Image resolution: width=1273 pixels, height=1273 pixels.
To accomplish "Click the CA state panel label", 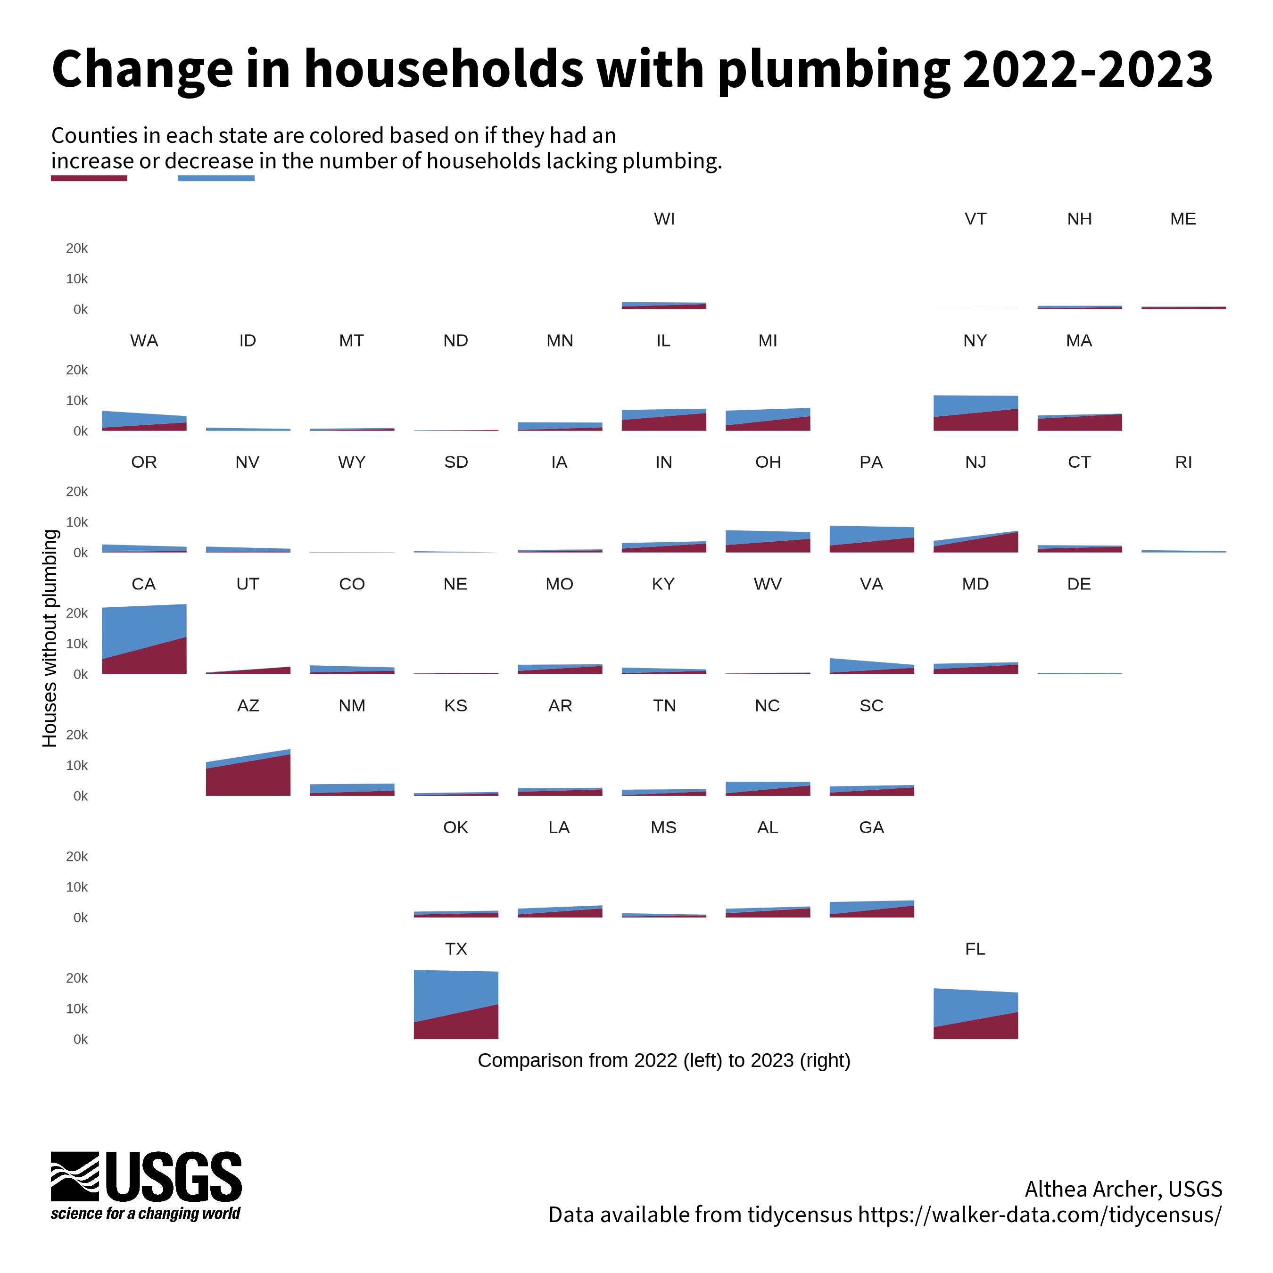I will click(144, 584).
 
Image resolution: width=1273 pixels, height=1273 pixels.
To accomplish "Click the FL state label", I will click(975, 949).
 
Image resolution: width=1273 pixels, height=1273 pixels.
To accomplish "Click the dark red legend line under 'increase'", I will click(89, 178).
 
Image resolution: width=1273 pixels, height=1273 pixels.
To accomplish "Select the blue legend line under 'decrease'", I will click(216, 178).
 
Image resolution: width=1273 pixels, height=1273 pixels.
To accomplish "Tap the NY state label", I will click(975, 341).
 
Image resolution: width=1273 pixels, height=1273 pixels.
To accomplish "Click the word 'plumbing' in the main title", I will click(834, 69).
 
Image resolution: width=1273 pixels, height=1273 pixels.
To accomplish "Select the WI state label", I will click(664, 219).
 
